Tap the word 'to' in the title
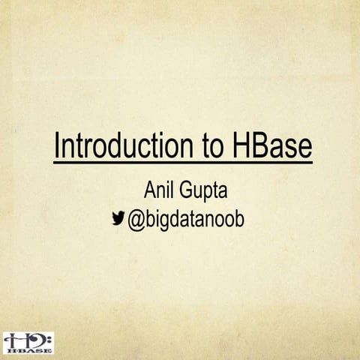pos(214,145)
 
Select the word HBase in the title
pos(272,145)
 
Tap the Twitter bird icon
pos(118,218)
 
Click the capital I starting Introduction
pos(57,145)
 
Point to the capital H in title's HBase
pos(243,145)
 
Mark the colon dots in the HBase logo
pos(48,340)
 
